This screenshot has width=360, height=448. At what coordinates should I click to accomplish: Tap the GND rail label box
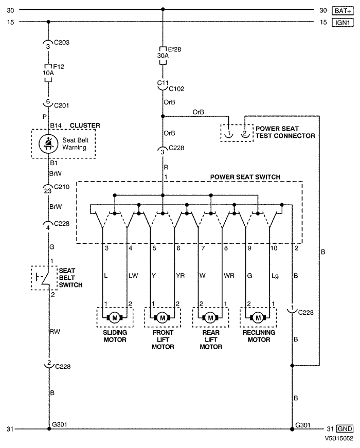[x=345, y=428]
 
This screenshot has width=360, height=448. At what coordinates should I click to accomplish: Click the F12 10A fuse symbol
[x=48, y=70]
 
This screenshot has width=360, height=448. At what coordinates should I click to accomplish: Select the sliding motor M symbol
[x=114, y=317]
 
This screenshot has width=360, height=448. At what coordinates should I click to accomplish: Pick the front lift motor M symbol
[x=163, y=317]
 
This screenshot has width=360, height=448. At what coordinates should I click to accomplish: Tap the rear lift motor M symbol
[x=210, y=317]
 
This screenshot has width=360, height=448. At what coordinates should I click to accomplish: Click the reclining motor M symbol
[x=258, y=317]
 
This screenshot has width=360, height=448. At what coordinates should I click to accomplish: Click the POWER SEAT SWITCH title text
[x=245, y=177]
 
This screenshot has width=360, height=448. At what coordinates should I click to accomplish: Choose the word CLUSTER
[x=85, y=125]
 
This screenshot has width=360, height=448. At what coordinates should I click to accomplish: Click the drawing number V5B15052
[x=339, y=440]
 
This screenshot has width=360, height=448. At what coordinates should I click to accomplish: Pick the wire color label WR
[x=229, y=276]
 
